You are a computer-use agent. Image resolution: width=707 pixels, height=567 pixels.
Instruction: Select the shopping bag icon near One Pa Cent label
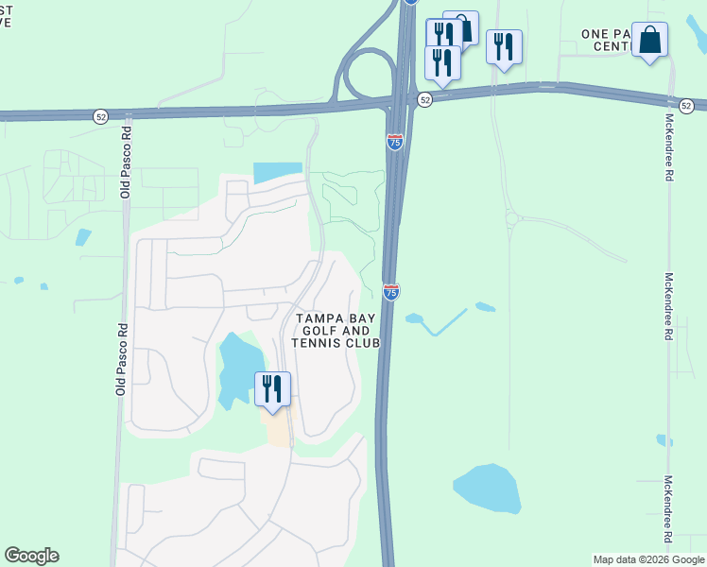click(649, 41)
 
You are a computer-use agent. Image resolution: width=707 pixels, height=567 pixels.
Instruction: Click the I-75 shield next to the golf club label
click(391, 292)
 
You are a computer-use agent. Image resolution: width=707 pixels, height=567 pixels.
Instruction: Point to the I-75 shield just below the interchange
click(395, 142)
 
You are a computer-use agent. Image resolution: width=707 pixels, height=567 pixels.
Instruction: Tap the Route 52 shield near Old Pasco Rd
click(101, 115)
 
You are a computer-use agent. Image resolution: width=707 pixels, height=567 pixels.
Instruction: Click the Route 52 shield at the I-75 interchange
click(425, 100)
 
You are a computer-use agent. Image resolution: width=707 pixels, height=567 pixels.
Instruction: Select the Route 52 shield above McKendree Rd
click(686, 106)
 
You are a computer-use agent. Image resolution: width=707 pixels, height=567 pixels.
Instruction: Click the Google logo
click(31, 556)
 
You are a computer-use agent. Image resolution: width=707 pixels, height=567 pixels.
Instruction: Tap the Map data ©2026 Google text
click(647, 559)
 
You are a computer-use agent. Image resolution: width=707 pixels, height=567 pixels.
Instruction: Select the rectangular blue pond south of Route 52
click(278, 173)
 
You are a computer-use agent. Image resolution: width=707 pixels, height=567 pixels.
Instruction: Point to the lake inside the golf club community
click(240, 369)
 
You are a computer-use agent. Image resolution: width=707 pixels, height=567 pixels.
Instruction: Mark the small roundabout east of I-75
click(511, 219)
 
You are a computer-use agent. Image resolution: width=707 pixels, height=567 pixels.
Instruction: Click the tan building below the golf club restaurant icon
click(278, 430)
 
